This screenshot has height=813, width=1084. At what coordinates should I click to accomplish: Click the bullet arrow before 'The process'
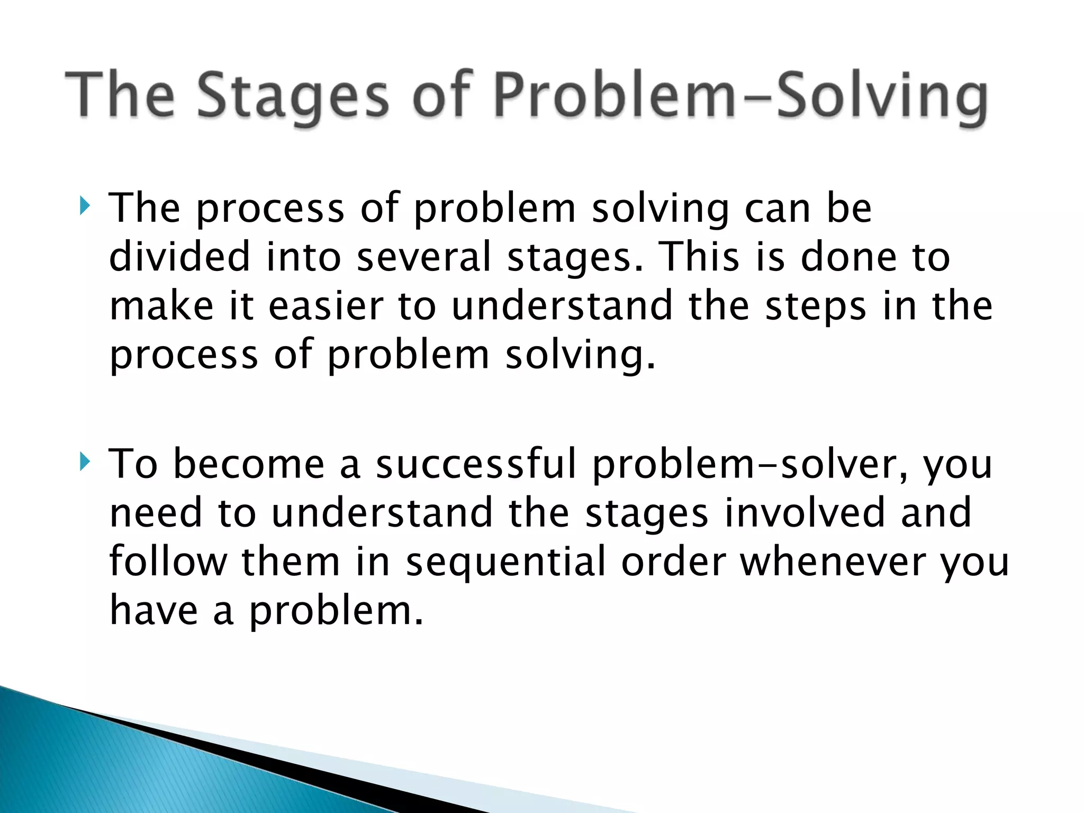click(x=84, y=206)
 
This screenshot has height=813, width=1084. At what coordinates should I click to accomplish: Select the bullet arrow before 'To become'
click(x=84, y=462)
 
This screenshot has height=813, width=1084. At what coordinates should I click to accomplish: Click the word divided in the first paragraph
click(x=179, y=257)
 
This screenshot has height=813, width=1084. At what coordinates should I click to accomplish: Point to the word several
click(x=424, y=257)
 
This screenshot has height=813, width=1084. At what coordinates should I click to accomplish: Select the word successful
click(x=475, y=464)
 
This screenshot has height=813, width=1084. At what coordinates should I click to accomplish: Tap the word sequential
click(x=505, y=562)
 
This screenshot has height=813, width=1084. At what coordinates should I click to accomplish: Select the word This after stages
click(x=700, y=257)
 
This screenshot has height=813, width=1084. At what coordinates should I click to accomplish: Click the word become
click(x=249, y=464)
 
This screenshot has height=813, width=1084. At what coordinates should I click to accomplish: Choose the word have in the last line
click(x=153, y=611)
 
